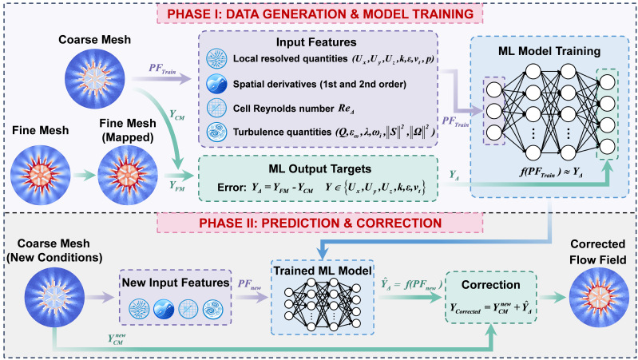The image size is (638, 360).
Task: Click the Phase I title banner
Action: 320,14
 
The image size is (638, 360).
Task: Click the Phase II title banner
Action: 320,223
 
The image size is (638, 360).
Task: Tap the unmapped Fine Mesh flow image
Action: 40,176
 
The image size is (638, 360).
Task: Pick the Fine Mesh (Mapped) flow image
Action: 127,176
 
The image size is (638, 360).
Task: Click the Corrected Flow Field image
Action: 599,298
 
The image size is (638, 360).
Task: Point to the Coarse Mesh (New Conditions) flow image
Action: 54,298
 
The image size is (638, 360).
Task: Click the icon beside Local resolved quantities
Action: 216,58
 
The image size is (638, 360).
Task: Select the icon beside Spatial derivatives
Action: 216,84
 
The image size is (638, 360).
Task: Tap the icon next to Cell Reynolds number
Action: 216,109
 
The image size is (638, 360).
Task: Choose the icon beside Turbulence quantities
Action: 216,132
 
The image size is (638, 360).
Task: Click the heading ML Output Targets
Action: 320,168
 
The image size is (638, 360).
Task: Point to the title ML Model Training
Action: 549,51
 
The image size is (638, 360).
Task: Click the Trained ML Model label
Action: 323,271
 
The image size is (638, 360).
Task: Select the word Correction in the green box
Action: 491,285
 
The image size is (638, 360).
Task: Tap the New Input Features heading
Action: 176,283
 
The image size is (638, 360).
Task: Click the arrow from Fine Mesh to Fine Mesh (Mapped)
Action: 84,176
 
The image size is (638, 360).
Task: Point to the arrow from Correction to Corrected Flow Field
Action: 553,298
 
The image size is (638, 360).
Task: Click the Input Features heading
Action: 316,42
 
